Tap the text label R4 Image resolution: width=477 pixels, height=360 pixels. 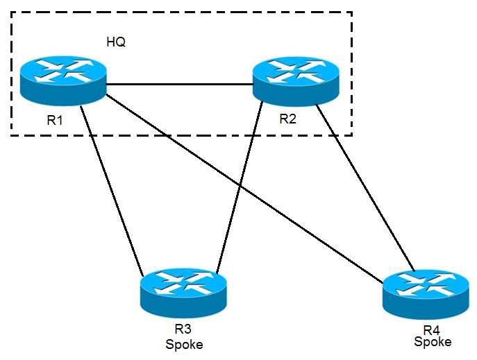(x=432, y=329)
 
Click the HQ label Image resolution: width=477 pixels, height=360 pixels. (x=116, y=42)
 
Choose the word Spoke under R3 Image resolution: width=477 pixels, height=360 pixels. (x=185, y=343)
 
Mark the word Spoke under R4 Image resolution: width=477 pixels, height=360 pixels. (x=433, y=342)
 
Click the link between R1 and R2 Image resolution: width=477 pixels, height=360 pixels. (x=179, y=85)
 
